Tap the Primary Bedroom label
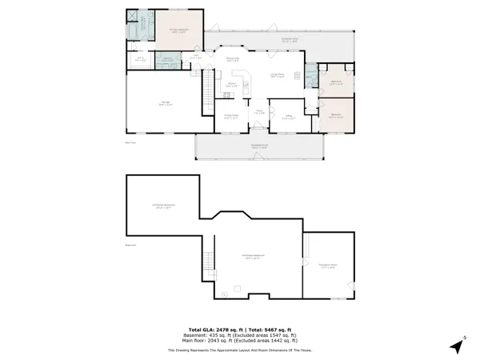[177, 31]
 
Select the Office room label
[279, 118]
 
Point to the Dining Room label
[234, 58]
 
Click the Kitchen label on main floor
[231, 85]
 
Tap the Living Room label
[278, 75]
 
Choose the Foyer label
[258, 112]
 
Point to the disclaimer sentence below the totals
[240, 350]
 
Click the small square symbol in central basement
[236, 288]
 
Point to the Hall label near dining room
[194, 57]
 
